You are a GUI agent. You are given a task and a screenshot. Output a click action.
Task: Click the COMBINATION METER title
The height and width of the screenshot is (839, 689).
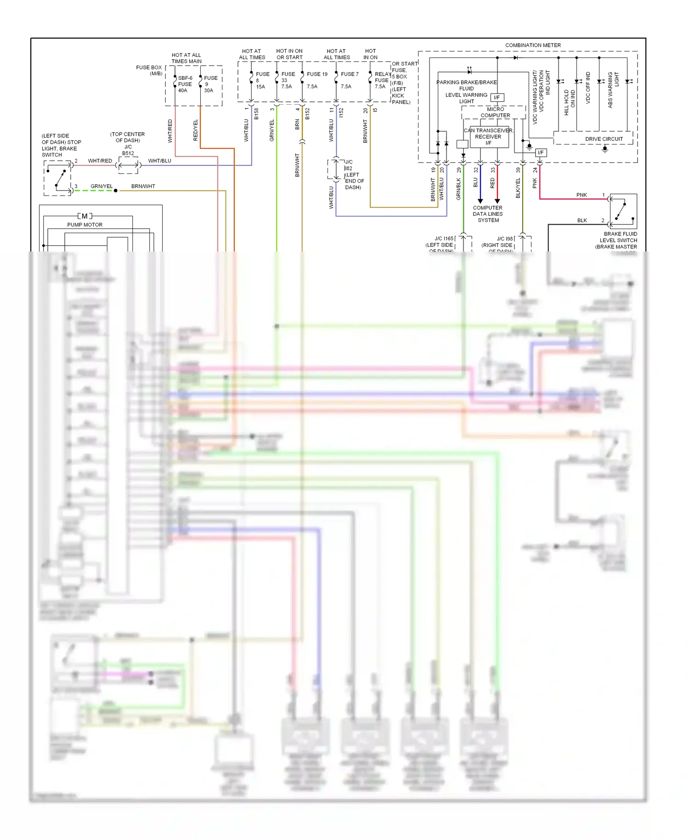(x=533, y=45)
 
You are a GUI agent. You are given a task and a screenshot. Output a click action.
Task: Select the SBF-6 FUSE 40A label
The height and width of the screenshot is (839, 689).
(x=185, y=84)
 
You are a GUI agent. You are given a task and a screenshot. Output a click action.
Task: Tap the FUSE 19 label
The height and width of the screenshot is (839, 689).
(x=317, y=74)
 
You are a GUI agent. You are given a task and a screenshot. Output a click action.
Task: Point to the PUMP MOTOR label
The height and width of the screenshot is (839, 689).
(x=85, y=224)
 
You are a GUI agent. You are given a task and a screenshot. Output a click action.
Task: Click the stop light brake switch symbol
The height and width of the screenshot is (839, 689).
(x=58, y=179)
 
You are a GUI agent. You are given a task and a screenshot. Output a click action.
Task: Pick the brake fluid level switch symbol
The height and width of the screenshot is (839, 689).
(x=623, y=211)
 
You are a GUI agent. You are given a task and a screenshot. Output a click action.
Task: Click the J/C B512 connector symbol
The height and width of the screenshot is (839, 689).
(x=129, y=165)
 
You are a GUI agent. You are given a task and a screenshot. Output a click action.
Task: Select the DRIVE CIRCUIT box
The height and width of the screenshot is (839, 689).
(x=604, y=139)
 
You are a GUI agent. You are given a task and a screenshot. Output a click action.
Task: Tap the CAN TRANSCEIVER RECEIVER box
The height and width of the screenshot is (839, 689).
(x=488, y=137)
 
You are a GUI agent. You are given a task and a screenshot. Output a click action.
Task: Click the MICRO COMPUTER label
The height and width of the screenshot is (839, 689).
(x=495, y=112)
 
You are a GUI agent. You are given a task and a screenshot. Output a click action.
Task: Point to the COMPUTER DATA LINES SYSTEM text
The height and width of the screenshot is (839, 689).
(x=488, y=214)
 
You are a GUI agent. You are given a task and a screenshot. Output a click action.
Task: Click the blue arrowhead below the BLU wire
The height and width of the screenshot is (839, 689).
(x=480, y=201)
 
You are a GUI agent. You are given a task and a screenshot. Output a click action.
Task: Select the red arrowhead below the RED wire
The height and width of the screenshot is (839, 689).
(x=497, y=201)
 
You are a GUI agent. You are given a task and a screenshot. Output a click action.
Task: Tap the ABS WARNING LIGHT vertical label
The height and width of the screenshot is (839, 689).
(x=613, y=89)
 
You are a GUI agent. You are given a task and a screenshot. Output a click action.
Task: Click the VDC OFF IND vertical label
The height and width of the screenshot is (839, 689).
(x=588, y=88)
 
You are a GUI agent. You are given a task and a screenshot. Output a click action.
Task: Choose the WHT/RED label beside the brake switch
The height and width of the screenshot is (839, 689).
(x=100, y=161)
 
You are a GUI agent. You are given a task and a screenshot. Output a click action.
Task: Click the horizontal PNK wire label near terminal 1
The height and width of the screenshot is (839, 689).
(x=582, y=195)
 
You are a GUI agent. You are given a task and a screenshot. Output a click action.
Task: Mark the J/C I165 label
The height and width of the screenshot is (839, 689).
(x=444, y=238)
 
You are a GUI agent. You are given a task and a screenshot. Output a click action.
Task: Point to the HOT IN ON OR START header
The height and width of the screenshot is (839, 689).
(x=289, y=54)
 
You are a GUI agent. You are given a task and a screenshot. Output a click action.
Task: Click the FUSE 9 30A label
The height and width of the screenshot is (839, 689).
(x=210, y=84)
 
